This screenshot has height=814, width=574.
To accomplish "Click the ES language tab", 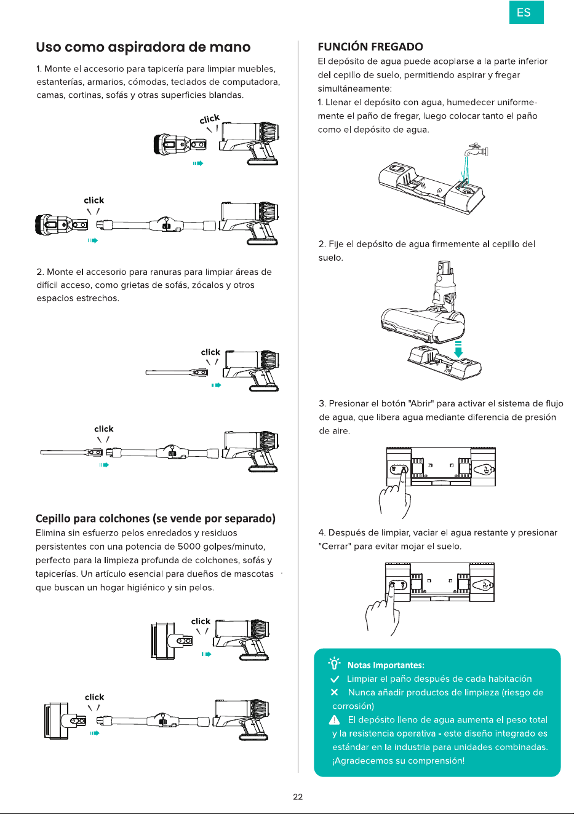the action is click(526, 12).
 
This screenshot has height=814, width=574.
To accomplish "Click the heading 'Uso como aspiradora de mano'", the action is click(143, 47).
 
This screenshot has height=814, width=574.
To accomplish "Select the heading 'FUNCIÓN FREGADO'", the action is click(370, 47).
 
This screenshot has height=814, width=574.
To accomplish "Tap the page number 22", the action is click(298, 797).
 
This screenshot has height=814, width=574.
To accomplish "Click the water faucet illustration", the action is click(477, 150).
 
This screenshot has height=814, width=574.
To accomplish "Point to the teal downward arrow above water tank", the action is click(458, 349).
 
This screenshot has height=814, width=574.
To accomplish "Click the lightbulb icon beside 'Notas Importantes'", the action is click(334, 663).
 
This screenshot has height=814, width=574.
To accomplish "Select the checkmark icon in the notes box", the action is click(335, 679).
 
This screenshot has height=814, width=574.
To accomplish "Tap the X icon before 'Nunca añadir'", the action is click(334, 692).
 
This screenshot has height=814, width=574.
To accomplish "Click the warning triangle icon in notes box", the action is click(334, 719).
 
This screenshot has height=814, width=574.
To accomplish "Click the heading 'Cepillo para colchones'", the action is click(155, 518).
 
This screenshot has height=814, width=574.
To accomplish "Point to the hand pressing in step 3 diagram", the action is click(395, 494).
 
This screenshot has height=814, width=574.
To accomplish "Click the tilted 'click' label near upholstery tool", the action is click(210, 119).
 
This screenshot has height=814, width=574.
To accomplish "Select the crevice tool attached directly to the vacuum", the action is click(177, 373).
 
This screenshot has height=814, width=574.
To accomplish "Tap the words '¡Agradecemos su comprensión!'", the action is click(398, 761).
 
